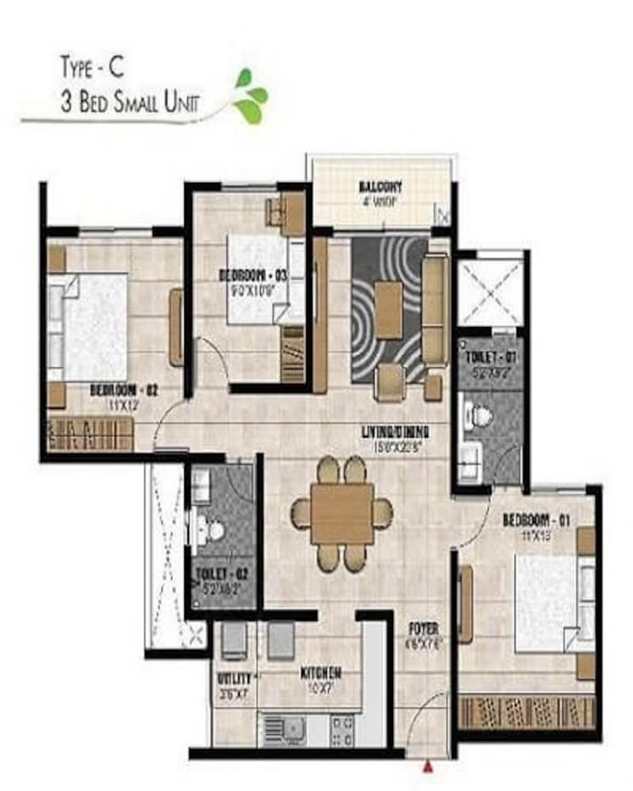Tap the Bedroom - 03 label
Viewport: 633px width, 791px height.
point(253,274)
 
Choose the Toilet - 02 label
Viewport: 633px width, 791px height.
point(220,573)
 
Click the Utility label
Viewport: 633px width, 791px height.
point(233,679)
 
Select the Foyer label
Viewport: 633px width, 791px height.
point(423,630)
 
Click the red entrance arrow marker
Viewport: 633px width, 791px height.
point(427,766)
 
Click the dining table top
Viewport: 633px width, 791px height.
point(342,513)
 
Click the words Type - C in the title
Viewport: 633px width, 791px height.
point(93,65)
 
